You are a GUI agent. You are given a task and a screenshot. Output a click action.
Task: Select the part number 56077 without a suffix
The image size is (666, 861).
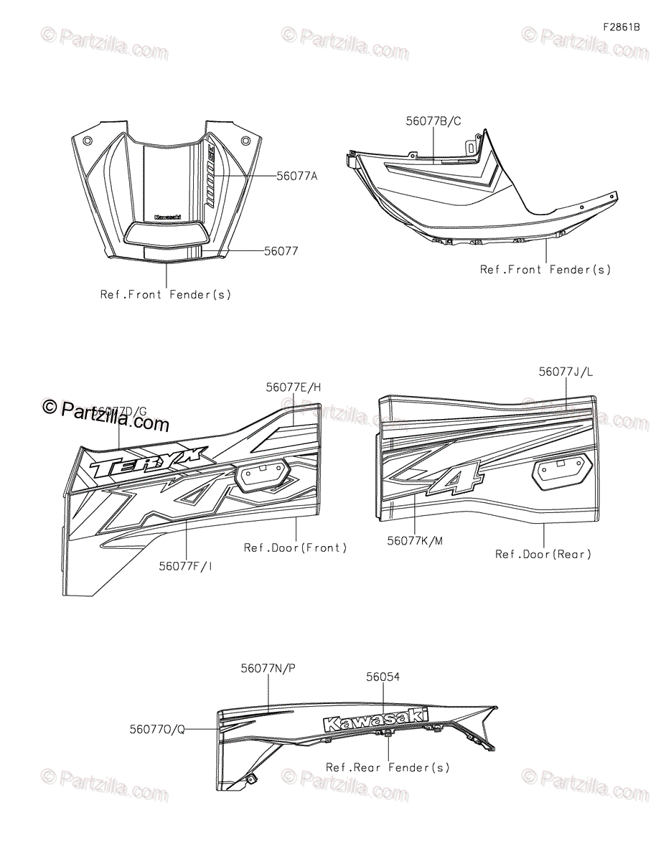pos(281,251)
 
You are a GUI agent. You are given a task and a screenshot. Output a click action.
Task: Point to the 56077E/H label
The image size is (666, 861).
pos(294,387)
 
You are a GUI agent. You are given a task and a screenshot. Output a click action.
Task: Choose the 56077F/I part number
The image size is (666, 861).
pos(186,565)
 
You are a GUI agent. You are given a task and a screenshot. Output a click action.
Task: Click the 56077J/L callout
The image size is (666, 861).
pos(566,372)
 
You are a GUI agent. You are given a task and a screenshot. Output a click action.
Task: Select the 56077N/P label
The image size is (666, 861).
pos(268,668)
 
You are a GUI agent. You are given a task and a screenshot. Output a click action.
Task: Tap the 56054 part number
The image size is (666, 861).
pos(383,677)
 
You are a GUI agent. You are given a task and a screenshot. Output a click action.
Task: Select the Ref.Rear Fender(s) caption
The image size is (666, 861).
pos(388,767)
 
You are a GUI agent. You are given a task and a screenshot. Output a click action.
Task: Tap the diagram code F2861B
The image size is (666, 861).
pos(621,27)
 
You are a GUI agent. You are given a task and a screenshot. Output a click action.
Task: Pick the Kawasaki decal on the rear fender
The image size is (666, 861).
pos(375,720)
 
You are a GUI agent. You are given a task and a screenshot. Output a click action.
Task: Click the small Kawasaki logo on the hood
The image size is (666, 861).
pos(167,217)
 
